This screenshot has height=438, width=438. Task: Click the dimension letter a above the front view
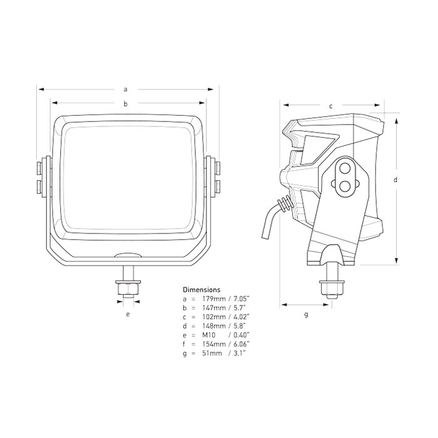coord(126,89)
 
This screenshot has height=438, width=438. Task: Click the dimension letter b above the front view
coord(126,104)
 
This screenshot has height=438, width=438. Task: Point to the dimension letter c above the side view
coord(331,106)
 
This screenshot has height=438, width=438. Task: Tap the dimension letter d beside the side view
coord(395,180)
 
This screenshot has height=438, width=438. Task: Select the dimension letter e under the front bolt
coord(128,314)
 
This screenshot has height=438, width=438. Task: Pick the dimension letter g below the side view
coord(306,315)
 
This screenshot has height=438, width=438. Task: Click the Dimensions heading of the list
coord(201,290)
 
